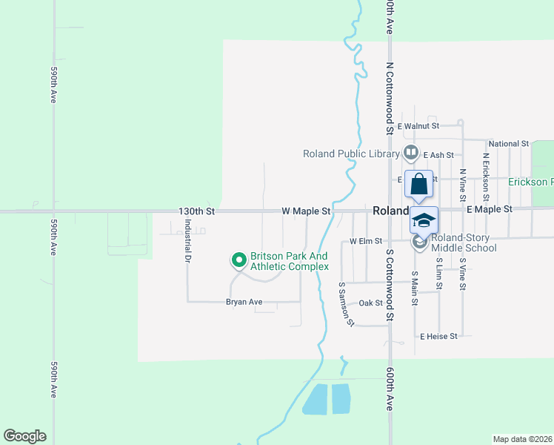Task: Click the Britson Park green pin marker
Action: click(x=238, y=260)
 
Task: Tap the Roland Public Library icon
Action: click(x=411, y=154)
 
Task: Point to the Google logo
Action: click(x=24, y=436)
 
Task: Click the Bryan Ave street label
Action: click(x=244, y=302)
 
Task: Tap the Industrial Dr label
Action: click(x=187, y=245)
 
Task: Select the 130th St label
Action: click(x=196, y=211)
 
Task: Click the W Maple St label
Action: click(x=306, y=211)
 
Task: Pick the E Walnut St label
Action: click(x=418, y=126)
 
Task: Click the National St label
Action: click(x=509, y=143)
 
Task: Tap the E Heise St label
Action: click(x=439, y=336)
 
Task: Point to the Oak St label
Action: click(x=370, y=303)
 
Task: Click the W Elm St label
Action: click(x=365, y=241)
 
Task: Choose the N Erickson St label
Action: click(x=486, y=177)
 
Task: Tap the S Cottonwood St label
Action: click(x=389, y=286)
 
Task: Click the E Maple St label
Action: click(x=490, y=210)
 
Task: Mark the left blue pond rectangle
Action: click(x=314, y=399)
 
